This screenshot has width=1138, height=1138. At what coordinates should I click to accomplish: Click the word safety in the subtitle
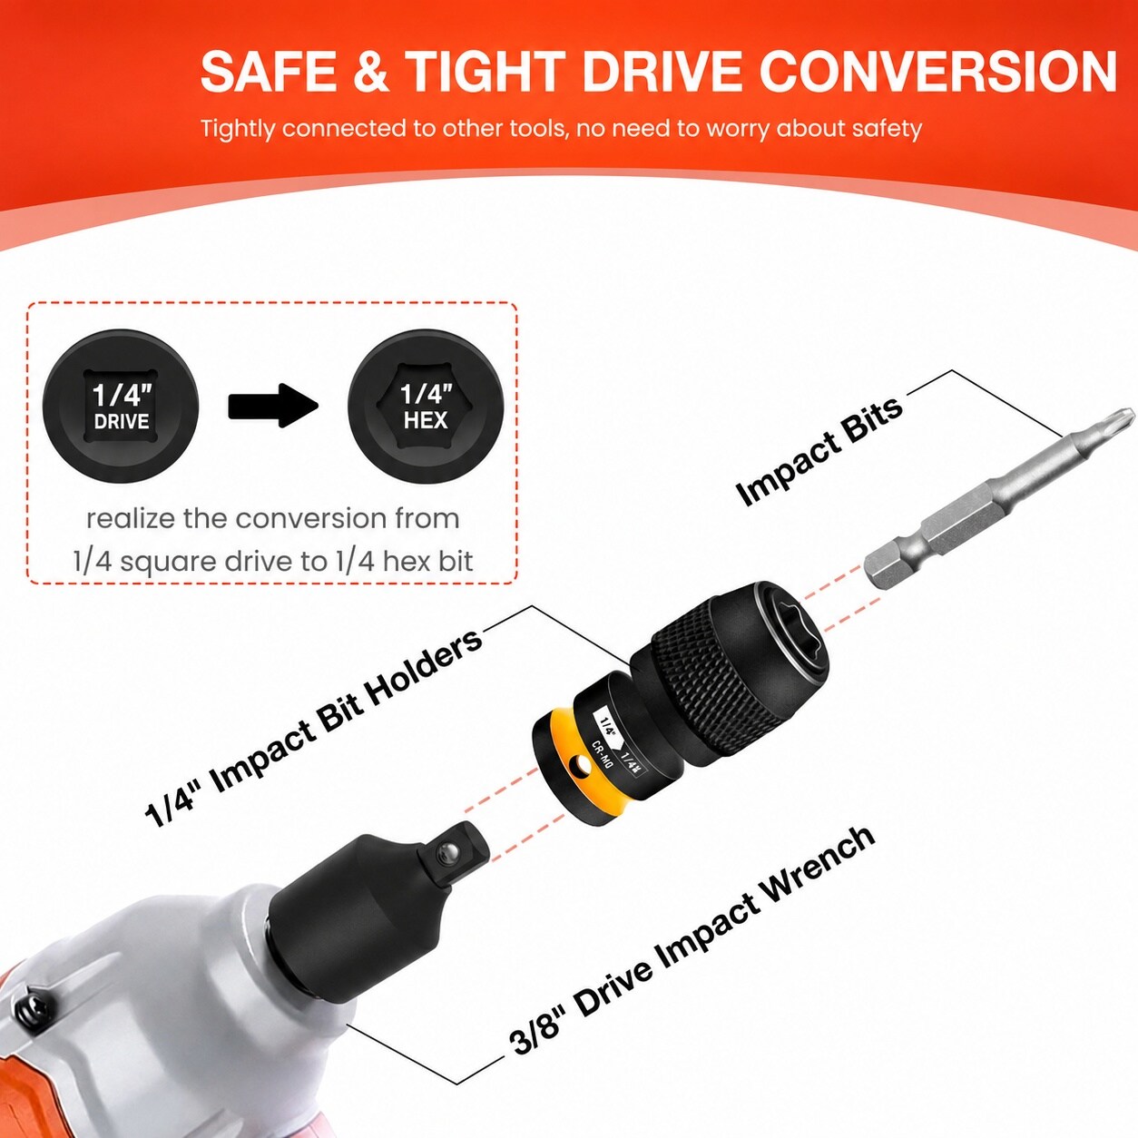[x=887, y=128]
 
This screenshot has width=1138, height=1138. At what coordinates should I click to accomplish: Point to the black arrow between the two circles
[x=273, y=406]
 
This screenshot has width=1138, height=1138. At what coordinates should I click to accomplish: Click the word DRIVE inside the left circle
[x=122, y=421]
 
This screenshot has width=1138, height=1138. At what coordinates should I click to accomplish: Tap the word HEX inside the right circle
[x=426, y=420]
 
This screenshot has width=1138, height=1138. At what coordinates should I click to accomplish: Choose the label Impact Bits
[x=819, y=451]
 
